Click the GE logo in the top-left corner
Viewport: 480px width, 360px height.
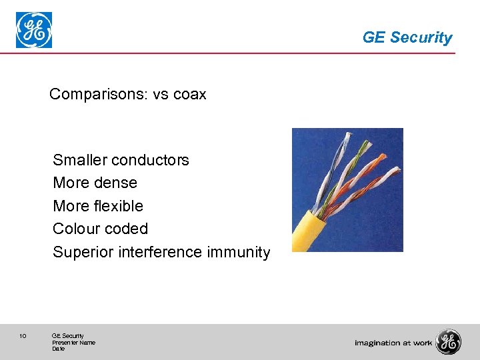(34, 31)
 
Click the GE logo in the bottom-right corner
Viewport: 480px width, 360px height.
(448, 342)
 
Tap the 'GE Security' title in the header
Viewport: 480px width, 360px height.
(407, 37)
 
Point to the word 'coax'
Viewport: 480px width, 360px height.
(190, 95)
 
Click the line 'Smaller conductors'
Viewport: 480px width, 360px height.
(121, 160)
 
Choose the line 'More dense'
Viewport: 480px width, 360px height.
(95, 183)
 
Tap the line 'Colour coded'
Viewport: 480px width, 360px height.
(100, 229)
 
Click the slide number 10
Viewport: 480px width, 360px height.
(23, 336)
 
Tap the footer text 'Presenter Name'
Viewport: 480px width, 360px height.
(73, 343)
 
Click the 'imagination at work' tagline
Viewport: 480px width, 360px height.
(393, 343)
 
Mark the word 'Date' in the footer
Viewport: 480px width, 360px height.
(58, 349)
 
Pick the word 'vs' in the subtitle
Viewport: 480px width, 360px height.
(161, 95)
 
